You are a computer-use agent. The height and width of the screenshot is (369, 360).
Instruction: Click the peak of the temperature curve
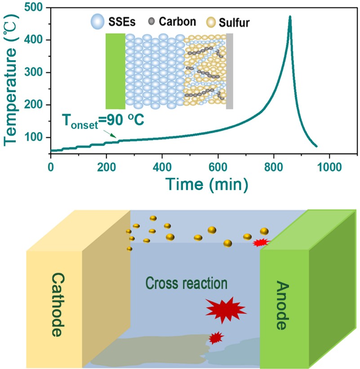(x=290, y=17)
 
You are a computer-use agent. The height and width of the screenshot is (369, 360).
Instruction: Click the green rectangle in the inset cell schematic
(x=115, y=71)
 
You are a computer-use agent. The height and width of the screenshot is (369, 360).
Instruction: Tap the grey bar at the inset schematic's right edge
(x=229, y=71)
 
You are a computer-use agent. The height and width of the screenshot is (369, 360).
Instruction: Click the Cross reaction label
(x=187, y=284)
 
